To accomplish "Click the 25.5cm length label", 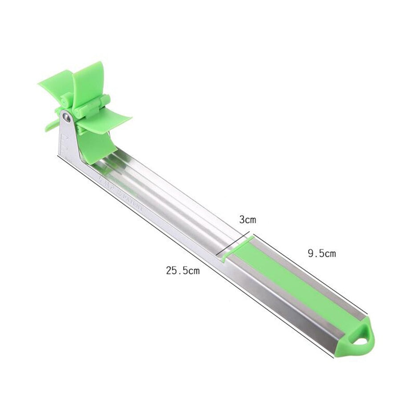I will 183,270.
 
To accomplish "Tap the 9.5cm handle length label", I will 321,254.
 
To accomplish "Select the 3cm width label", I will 248,220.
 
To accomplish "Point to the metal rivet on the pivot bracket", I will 66,117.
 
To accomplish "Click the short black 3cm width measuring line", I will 235,244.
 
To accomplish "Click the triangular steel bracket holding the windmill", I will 69,138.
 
